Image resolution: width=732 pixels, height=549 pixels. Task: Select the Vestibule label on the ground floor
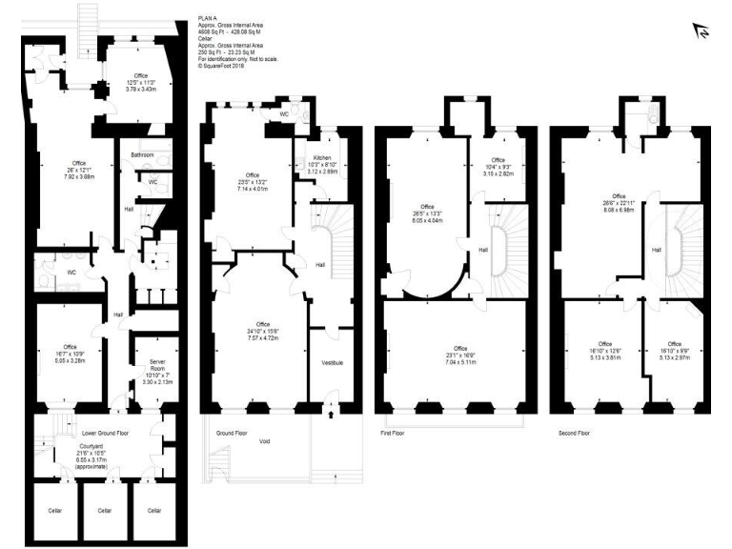pos(331,362)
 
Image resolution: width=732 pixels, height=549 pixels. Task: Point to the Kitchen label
pos(317,157)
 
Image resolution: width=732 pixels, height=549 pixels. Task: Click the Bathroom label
pos(143,153)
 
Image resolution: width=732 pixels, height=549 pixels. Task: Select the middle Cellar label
pos(105,510)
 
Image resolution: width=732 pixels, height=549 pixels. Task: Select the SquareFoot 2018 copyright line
pos(221,66)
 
